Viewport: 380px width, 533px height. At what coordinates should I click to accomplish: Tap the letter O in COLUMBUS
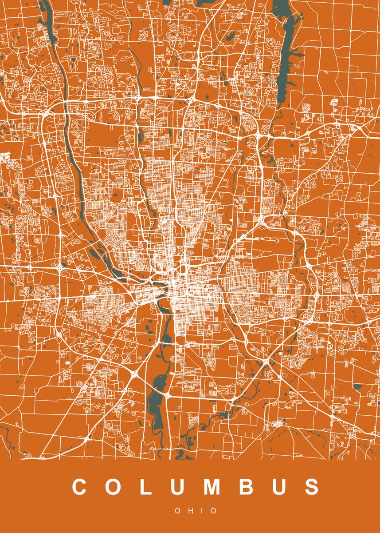[114, 487]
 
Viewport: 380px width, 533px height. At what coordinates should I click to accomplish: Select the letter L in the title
[146, 487]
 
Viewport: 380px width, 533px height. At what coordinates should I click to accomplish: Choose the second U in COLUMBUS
[279, 487]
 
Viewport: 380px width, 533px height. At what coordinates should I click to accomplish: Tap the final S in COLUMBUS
[312, 487]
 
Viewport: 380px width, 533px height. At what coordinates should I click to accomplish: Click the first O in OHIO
[177, 511]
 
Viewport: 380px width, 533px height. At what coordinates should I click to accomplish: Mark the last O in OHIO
[214, 511]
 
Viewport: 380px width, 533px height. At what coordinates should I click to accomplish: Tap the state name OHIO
[196, 511]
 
